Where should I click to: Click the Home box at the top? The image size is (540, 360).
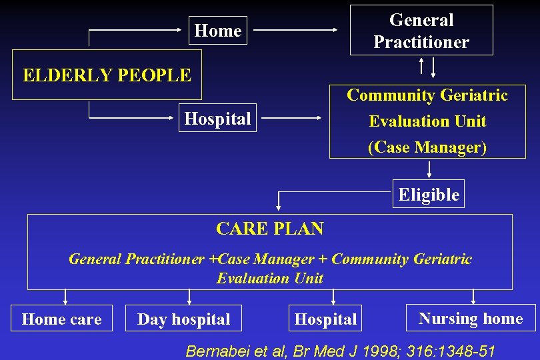(217, 31)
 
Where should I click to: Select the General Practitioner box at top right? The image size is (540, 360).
(421, 31)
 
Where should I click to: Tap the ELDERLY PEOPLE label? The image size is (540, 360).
(107, 75)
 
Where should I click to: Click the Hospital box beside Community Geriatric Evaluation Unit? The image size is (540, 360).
(217, 119)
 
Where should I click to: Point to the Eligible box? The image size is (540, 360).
(429, 195)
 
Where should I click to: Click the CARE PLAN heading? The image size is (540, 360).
(269, 229)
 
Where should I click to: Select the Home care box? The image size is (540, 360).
(61, 319)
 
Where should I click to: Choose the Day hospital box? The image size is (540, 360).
(183, 319)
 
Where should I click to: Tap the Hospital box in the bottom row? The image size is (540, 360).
(325, 319)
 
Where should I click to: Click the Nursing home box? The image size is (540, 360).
(471, 319)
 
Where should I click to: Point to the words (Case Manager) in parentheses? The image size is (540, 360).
(427, 147)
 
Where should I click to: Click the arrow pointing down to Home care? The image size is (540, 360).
(65, 297)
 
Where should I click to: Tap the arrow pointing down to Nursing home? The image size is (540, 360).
(474, 297)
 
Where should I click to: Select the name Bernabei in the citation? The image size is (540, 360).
(216, 350)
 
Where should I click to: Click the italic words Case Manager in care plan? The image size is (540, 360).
(267, 259)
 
